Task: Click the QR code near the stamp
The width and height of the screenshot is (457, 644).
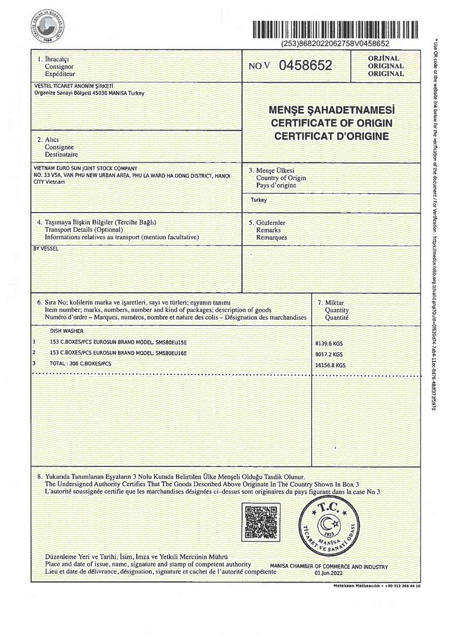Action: [262, 522]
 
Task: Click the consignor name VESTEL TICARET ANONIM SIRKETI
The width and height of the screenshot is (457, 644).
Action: [73, 86]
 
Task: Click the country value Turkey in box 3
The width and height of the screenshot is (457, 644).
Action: [258, 200]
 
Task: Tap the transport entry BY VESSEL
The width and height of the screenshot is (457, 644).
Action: [46, 249]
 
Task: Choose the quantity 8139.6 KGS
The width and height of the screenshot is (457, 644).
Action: [329, 344]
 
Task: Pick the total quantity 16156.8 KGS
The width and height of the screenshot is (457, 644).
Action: [331, 365]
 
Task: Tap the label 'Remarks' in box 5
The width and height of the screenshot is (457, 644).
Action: [268, 230]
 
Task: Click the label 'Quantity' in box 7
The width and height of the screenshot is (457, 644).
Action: [337, 310]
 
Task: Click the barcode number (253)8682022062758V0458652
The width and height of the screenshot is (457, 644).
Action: [335, 44]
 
